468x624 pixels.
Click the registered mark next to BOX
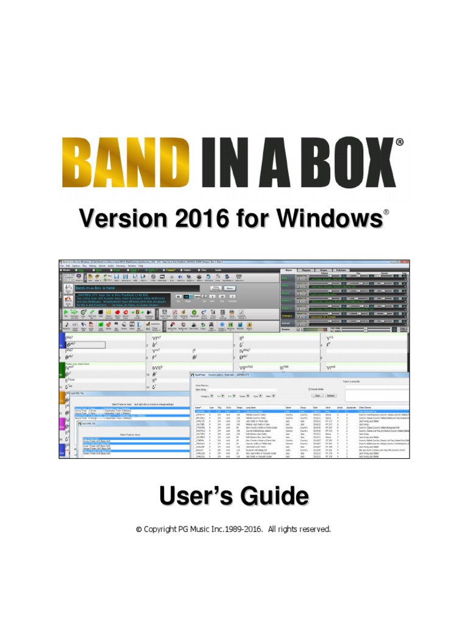(x=400, y=142)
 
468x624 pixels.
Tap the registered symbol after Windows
(x=385, y=213)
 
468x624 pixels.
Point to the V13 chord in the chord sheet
(x=331, y=337)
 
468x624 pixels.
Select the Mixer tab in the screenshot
(x=288, y=269)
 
